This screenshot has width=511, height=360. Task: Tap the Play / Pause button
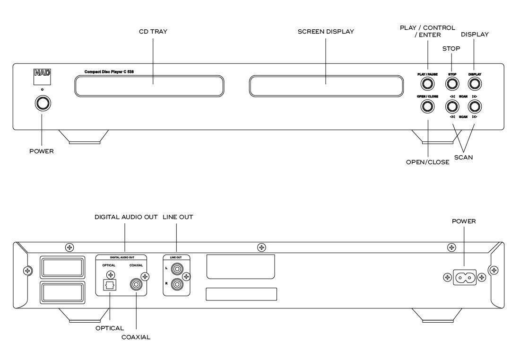tap(427, 84)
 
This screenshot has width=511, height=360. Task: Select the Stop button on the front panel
tap(452, 84)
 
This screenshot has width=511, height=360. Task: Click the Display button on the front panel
tap(475, 84)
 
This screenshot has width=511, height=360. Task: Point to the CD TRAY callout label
tap(153, 32)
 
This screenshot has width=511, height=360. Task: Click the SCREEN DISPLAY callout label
tap(326, 32)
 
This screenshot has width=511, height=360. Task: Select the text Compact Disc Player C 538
tap(109, 72)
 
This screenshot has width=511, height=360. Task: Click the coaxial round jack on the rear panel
tap(136, 284)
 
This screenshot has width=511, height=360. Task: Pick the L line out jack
tap(177, 269)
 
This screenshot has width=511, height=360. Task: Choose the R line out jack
tap(177, 284)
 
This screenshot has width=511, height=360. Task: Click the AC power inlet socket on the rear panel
tap(464, 278)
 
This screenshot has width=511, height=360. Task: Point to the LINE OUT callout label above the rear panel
tap(178, 217)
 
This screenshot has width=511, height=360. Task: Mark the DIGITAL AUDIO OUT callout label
tap(126, 217)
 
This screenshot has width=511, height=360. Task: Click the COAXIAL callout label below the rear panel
tap(136, 337)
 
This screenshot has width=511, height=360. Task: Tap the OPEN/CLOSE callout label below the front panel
tap(428, 162)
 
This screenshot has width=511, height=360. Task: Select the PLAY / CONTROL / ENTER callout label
tap(428, 31)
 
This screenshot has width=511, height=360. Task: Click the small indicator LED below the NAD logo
tap(43, 89)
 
